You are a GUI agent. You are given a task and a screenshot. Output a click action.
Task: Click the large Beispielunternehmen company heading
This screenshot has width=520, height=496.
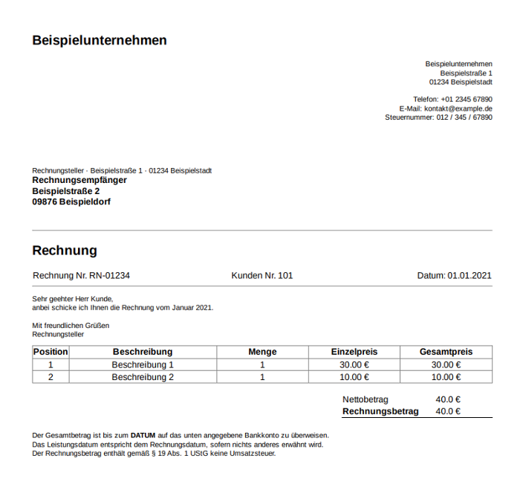coord(100,40)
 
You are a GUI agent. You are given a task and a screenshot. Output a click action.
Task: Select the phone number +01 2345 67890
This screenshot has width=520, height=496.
coord(466,99)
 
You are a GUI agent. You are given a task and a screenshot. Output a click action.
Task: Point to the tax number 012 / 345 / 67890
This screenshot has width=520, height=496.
coord(464,117)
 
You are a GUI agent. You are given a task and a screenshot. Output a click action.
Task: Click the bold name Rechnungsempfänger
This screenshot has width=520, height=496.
coord(79,180)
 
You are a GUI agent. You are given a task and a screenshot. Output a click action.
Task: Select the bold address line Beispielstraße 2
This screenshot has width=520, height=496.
coord(66,191)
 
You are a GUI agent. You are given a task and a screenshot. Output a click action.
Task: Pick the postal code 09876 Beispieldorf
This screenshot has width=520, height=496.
coord(71,202)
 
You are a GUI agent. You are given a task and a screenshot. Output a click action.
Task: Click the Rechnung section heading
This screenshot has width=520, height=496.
coord(65,251)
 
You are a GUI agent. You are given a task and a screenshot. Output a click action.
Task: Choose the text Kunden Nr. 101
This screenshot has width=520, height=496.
coord(262,276)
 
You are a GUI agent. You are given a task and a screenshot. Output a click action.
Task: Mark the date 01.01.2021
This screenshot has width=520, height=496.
coord(469,276)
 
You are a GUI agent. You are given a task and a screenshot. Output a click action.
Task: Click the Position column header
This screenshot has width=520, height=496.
coord(51,352)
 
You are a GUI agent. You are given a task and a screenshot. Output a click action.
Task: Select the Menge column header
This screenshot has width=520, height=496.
coord(262,352)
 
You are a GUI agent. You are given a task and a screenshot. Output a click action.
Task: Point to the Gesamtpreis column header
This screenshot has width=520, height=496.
coord(446,352)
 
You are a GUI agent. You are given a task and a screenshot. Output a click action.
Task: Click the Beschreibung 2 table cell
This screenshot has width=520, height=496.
coord(143,377)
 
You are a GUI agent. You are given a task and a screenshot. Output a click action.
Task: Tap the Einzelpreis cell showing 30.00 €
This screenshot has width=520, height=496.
coord(354,365)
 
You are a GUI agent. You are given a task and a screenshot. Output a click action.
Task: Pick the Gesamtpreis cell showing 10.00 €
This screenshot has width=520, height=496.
coord(446,377)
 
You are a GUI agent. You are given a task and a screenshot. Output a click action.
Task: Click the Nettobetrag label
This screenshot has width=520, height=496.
coord(365,399)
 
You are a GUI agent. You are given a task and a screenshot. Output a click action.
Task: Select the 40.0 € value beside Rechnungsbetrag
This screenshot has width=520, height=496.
coord(448,411)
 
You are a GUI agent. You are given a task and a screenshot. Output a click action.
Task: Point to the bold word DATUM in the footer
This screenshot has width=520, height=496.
coord(143,435)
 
